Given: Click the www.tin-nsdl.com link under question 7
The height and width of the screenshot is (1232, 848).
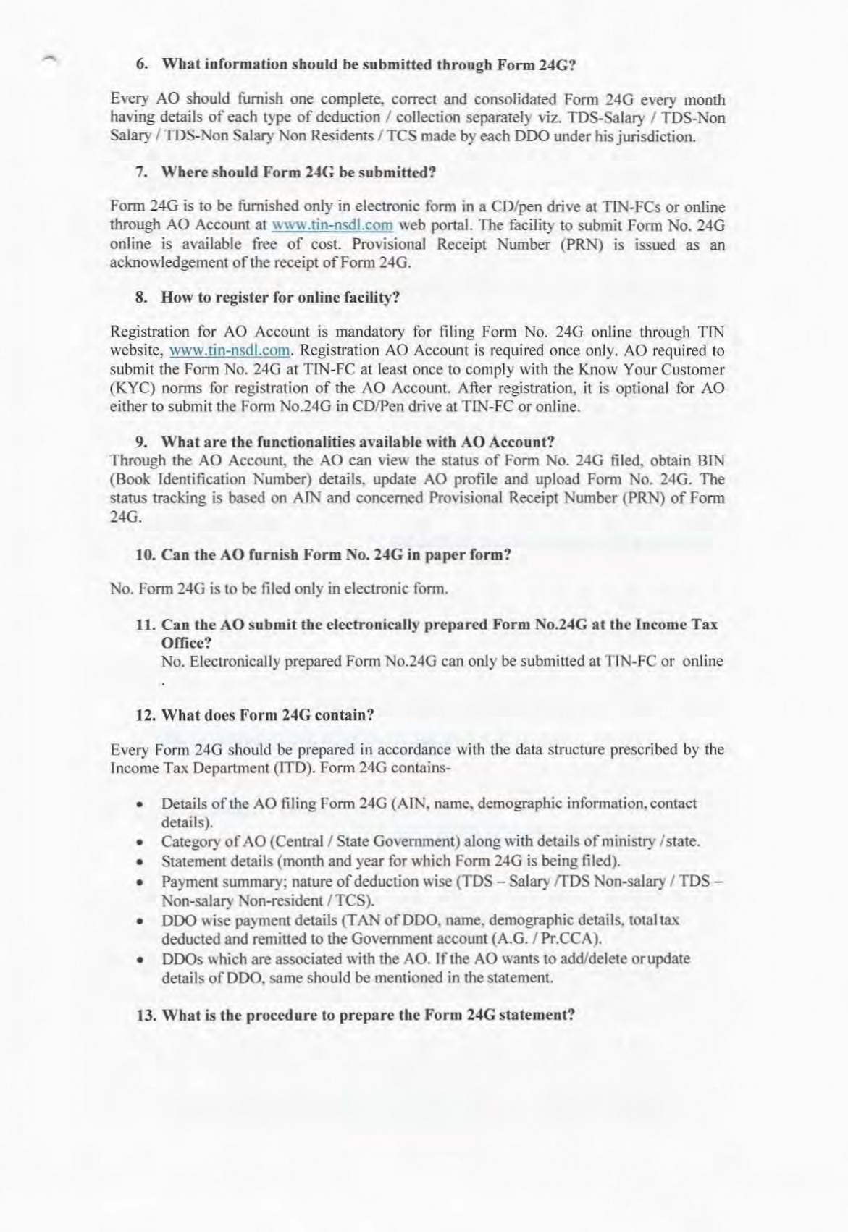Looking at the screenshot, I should click(332, 225).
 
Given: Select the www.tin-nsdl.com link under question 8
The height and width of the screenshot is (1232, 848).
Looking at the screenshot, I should click(230, 351).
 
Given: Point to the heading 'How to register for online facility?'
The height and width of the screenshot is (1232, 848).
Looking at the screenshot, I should click(268, 298).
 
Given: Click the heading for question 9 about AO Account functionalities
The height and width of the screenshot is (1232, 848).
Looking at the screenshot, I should click(346, 442).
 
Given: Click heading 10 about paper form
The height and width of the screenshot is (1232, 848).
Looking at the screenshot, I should click(324, 555).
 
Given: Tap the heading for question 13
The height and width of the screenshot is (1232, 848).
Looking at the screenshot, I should click(356, 1014).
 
